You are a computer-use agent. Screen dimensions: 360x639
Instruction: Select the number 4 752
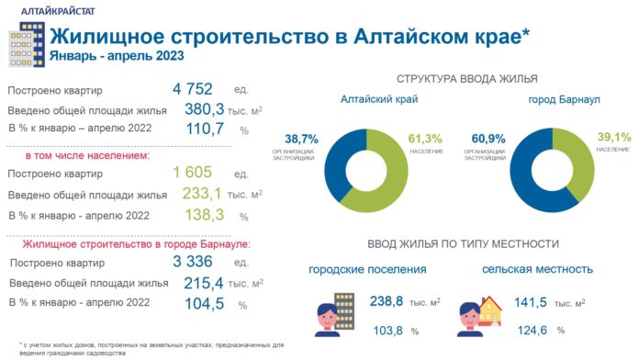click(x=192, y=89)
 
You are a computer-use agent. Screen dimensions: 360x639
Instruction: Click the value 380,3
click(x=204, y=109)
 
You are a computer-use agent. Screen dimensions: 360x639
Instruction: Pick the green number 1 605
click(x=192, y=174)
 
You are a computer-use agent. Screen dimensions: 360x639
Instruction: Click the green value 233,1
click(x=203, y=194)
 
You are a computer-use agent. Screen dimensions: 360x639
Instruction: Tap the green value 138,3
click(x=204, y=215)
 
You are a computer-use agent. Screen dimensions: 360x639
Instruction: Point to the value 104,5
click(x=204, y=303)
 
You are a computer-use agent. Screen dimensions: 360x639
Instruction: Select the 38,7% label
click(x=301, y=138)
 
